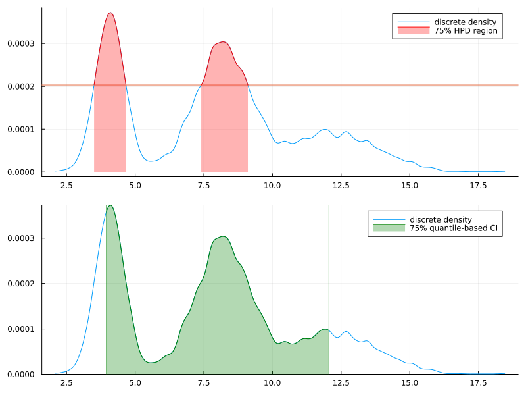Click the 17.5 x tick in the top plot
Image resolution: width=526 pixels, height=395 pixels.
pos(477,186)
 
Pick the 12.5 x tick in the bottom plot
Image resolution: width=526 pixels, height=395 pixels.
pos(341,382)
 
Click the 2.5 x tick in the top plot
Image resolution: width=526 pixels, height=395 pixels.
pos(66,186)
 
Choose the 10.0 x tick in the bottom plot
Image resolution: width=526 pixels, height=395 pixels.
pos(272,382)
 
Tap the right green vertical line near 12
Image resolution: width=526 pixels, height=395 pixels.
pos(329,290)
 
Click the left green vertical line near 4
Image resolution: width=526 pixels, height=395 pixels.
pos(107,290)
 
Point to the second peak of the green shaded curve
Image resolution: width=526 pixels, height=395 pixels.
pos(223,236)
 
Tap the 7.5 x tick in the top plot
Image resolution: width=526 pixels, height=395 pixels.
pos(204,186)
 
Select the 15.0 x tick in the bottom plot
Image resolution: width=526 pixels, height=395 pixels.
pos(409,382)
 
